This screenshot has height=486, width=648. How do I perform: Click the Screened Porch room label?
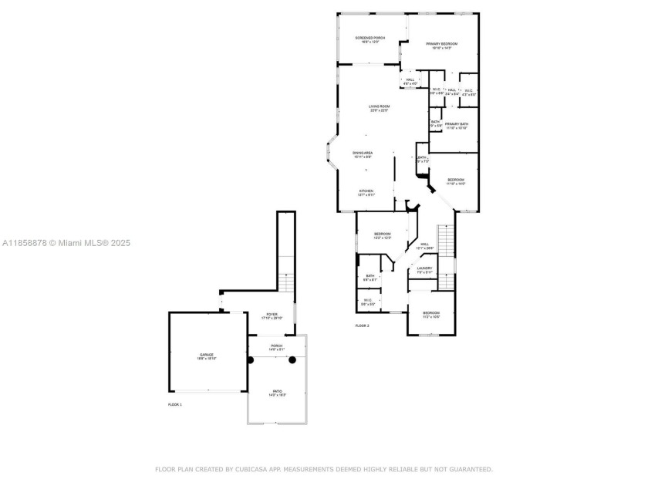pos(370,38)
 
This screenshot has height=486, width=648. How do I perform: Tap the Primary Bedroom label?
pos(442,44)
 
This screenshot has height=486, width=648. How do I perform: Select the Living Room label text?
pos(378,106)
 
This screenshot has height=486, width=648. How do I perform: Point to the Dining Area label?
pos(363,153)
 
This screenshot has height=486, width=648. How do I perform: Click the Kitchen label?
pos(366,191)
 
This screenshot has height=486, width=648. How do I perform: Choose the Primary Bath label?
pos(456,124)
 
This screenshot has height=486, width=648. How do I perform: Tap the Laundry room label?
pos(425,268)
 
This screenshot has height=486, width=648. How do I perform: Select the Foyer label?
pos(272,315)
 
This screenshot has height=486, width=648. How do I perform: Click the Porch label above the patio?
pos(276,346)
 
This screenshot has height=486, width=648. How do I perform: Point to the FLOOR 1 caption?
pos(175,404)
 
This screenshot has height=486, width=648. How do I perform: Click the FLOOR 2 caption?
pos(362,326)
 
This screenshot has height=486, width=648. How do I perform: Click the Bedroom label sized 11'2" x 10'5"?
pos(431,313)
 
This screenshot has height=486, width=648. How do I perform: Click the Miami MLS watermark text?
pos(66,243)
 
